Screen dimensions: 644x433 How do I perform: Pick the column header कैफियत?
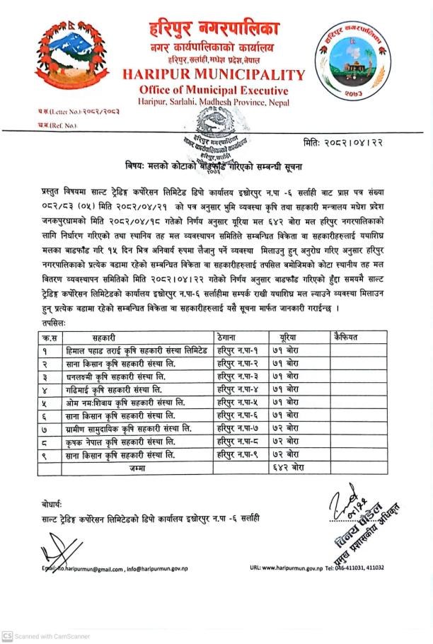coord(347,338)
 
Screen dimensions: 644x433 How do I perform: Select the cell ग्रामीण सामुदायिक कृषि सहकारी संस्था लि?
coord(127,429)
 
